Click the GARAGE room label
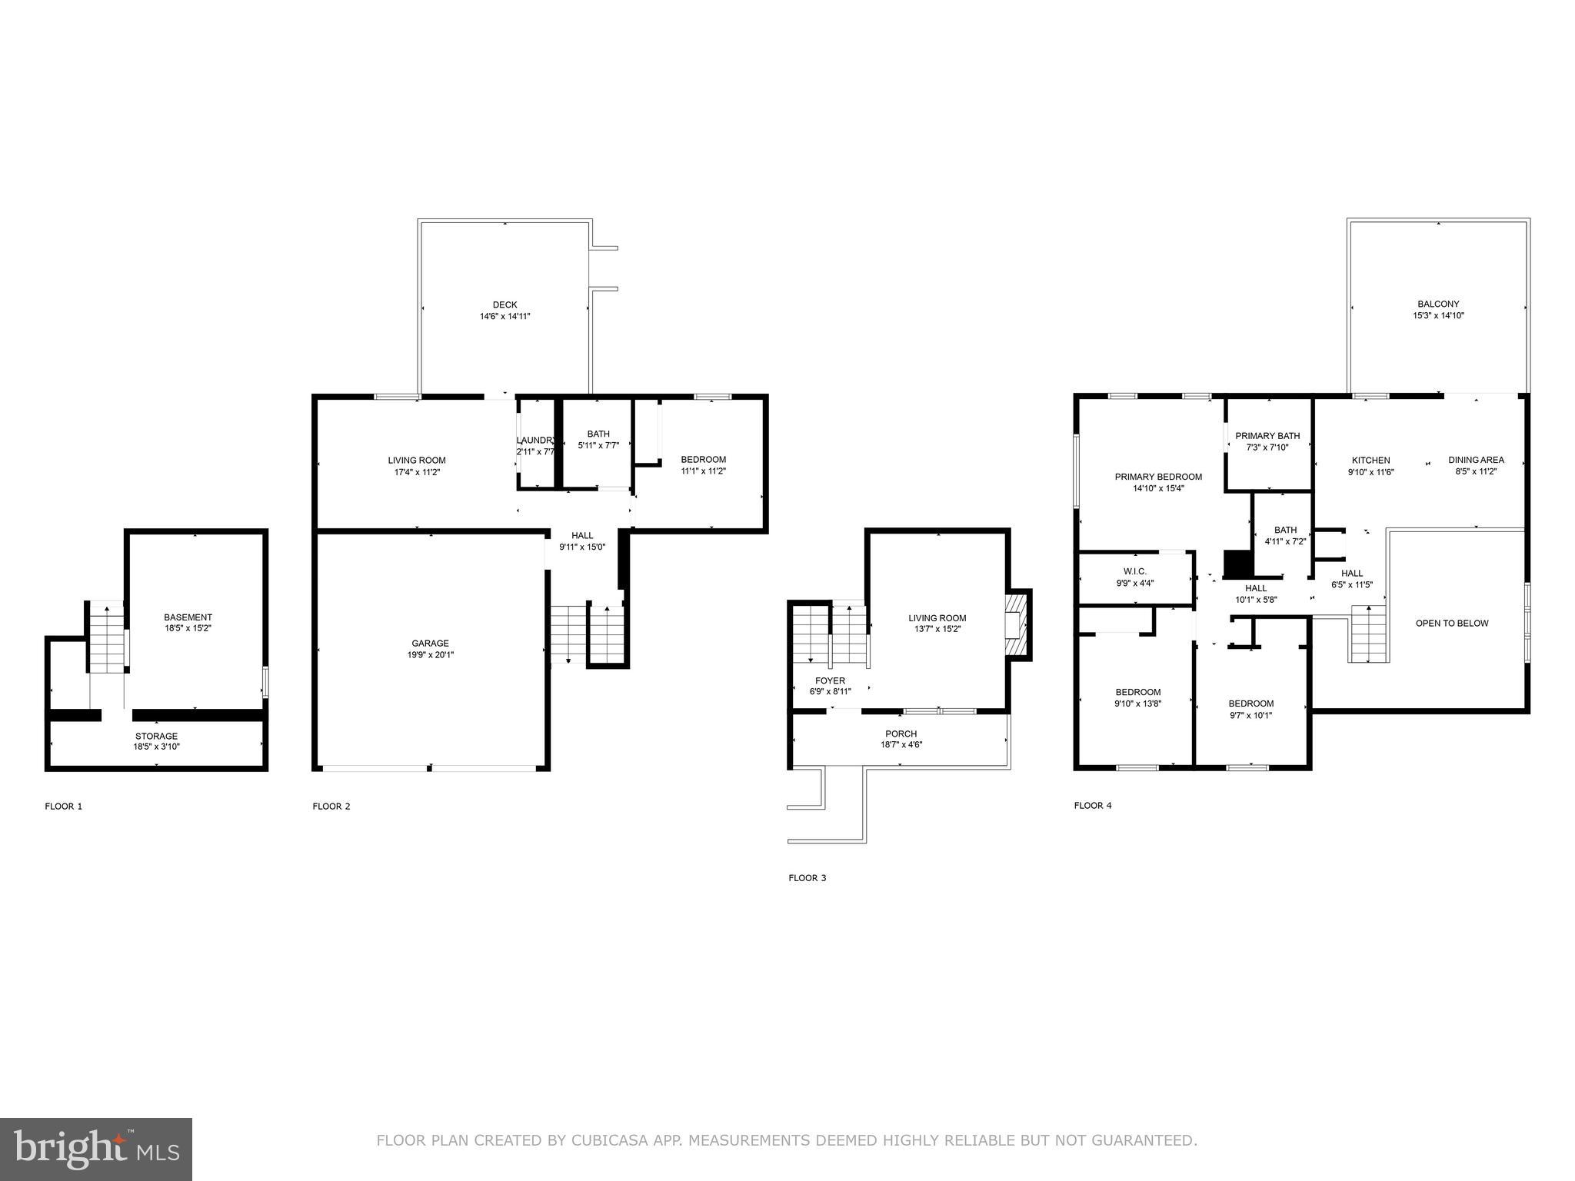(x=430, y=644)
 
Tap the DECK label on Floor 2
(x=504, y=304)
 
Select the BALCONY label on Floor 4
(x=1438, y=304)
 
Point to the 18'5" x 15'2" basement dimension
(x=188, y=628)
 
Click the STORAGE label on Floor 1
(x=156, y=736)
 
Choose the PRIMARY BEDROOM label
(x=1158, y=477)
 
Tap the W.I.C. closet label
(x=1134, y=571)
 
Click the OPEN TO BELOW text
(x=1452, y=623)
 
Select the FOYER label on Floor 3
(x=830, y=680)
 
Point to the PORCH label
(x=901, y=734)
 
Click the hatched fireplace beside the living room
(x=1017, y=625)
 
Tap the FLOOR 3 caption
(x=807, y=877)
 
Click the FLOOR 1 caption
(x=63, y=806)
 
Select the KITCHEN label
(x=1370, y=461)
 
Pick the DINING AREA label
(x=1476, y=460)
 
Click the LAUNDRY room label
(x=534, y=441)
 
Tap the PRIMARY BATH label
(x=1267, y=436)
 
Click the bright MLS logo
(x=96, y=1147)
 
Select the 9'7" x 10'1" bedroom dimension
(x=1250, y=715)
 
